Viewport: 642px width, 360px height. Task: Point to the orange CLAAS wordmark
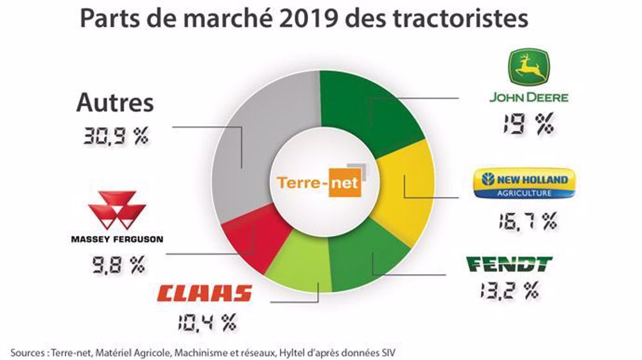pyautogui.click(x=204, y=295)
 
